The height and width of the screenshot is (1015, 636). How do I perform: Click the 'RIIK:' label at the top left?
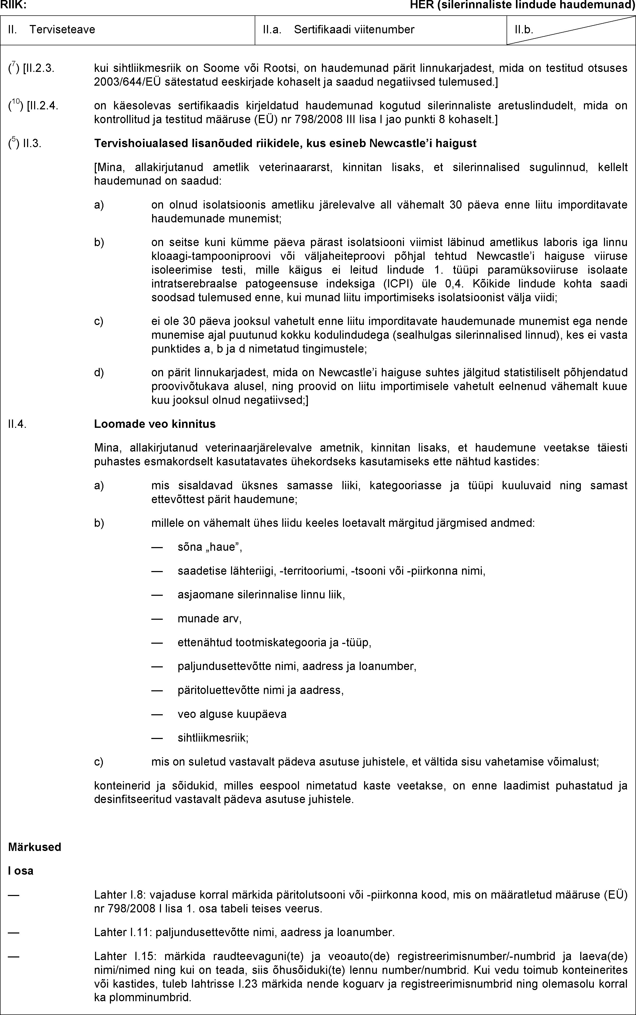(x=14, y=5)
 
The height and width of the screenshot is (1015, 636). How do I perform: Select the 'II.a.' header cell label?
(x=272, y=29)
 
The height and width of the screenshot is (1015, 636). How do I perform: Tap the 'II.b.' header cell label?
(x=524, y=29)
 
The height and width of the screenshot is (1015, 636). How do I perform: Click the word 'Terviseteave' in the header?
(x=62, y=29)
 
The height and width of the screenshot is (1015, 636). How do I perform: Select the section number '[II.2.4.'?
(x=42, y=105)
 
